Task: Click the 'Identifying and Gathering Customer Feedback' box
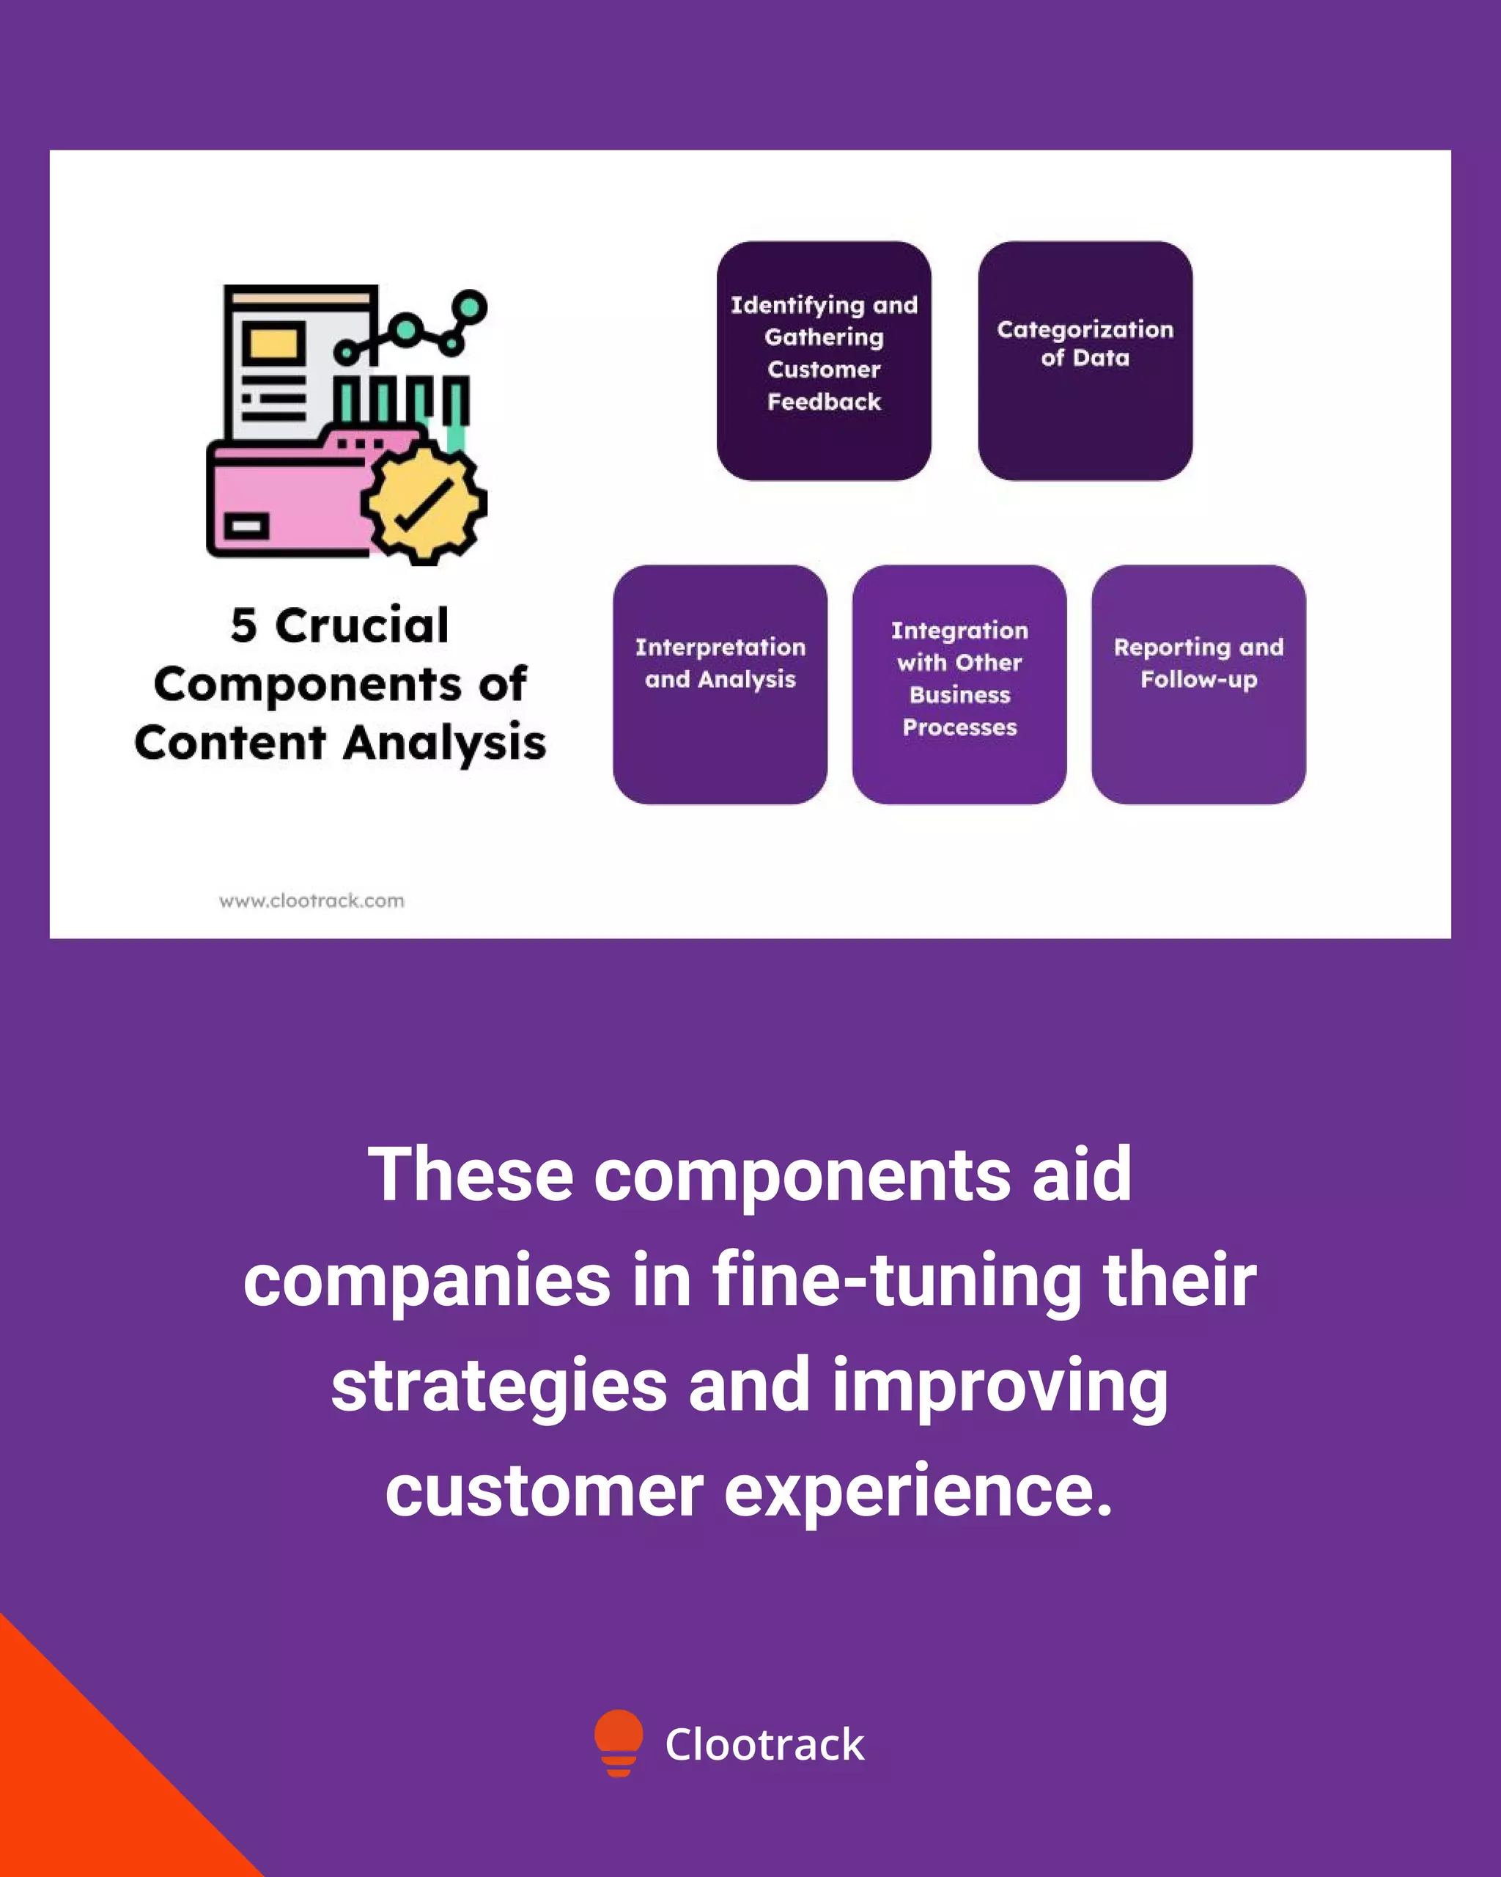[x=823, y=361]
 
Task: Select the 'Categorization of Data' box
[x=1084, y=361]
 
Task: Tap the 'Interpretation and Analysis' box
[x=720, y=684]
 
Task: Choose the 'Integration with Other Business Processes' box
[x=959, y=684]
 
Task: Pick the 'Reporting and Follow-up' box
[x=1198, y=684]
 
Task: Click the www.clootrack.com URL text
[x=311, y=901]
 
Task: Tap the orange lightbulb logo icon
[x=619, y=1742]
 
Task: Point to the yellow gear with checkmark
[x=424, y=502]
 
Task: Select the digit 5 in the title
[x=243, y=626]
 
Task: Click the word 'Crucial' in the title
[x=362, y=626]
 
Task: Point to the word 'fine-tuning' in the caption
[x=897, y=1279]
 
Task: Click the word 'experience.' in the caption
[x=918, y=1491]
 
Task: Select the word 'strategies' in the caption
[x=498, y=1386]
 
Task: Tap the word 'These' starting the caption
[x=470, y=1175]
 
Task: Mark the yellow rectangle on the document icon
[x=274, y=343]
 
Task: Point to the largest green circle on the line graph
[x=471, y=306]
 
